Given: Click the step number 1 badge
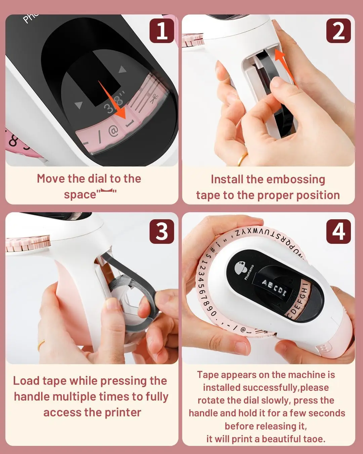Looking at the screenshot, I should pyautogui.click(x=162, y=31).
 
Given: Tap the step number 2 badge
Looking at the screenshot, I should pyautogui.click(x=338, y=31).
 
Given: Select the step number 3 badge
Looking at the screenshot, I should pyautogui.click(x=162, y=231).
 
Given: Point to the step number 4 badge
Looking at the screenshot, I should pyautogui.click(x=338, y=231).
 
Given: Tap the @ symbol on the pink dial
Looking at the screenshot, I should pyautogui.click(x=113, y=131).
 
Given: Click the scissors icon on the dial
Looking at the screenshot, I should pyautogui.click(x=154, y=99).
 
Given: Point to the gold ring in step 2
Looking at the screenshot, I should pyautogui.click(x=242, y=159).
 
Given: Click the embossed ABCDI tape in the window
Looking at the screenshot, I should pyautogui.click(x=274, y=287).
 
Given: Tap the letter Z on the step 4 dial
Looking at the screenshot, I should pyautogui.click(x=238, y=233).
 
